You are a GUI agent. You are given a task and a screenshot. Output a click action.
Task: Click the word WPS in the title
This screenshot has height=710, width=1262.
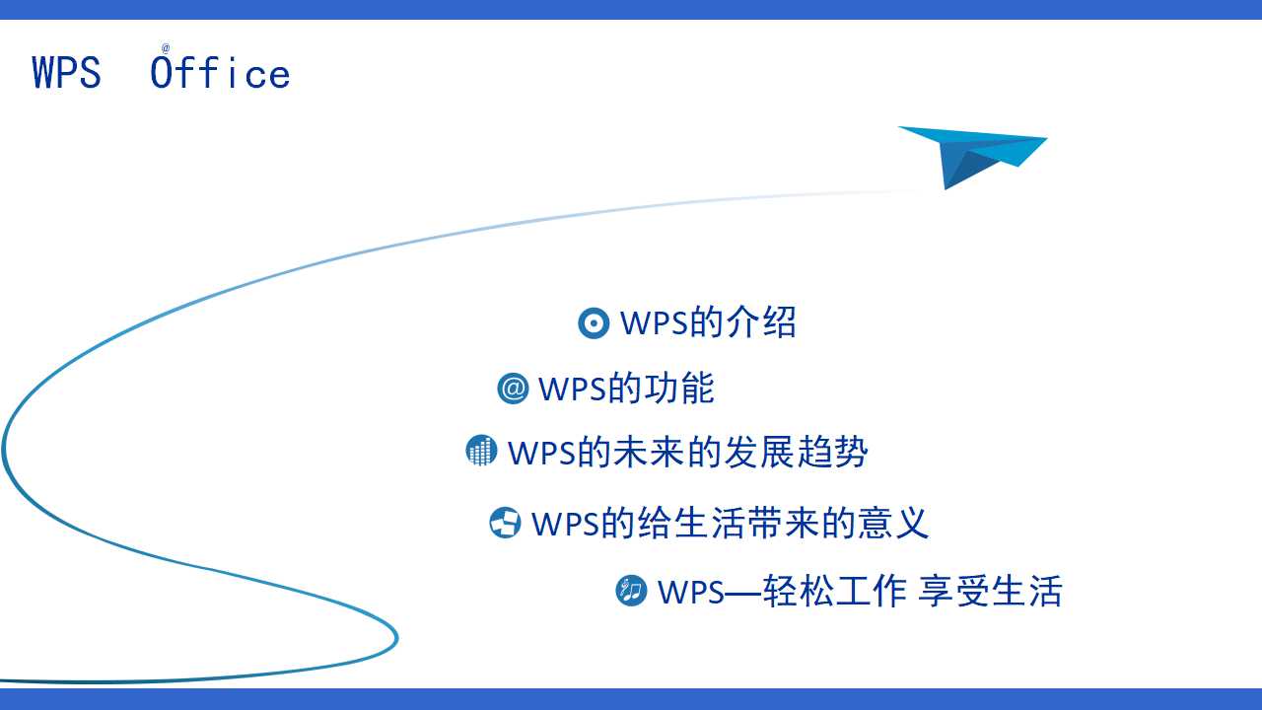[66, 74]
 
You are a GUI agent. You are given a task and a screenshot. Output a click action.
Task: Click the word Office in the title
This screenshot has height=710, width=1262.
[221, 74]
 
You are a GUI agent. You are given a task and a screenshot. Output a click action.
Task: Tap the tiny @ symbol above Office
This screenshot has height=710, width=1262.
[166, 47]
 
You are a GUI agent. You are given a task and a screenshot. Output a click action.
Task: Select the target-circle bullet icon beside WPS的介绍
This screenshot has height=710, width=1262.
[594, 322]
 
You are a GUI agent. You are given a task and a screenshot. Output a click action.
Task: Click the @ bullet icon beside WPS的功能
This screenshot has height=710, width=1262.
[513, 389]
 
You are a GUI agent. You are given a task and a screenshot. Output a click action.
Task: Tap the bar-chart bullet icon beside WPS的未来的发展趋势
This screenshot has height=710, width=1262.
[481, 451]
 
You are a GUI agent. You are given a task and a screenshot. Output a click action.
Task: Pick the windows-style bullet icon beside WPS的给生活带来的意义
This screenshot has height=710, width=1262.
[505, 523]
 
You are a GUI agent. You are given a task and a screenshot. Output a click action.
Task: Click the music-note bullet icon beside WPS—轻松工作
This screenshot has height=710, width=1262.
[631, 591]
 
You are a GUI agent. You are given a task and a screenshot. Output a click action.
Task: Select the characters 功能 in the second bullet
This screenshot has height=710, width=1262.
[679, 389]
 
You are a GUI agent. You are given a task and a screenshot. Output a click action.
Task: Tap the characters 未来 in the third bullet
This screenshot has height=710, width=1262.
[647, 452]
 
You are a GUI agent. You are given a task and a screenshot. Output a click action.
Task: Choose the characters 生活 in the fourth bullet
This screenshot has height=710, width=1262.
[706, 523]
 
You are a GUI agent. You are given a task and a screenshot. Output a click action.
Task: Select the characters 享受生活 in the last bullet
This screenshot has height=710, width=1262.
[990, 592]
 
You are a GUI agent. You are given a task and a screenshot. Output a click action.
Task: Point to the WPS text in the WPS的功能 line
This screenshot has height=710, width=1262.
[571, 390]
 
